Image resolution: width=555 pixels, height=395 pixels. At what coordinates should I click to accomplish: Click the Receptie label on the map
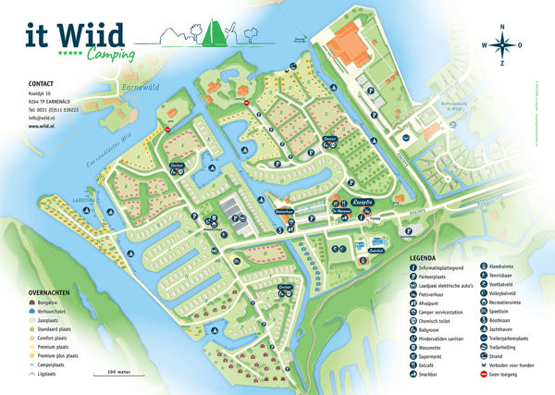click(361, 200)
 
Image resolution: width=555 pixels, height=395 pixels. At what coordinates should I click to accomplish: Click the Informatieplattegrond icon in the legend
click(412, 266)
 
